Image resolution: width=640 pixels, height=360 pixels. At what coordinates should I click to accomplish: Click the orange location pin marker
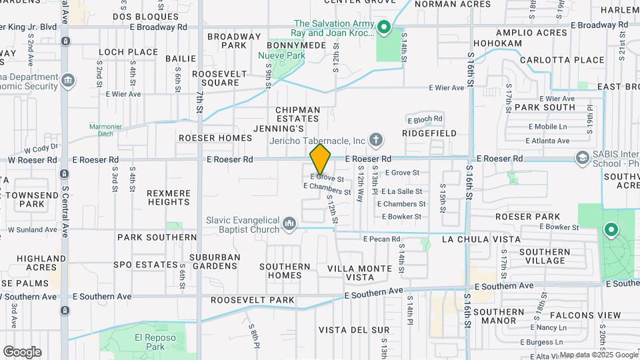click(x=320, y=159)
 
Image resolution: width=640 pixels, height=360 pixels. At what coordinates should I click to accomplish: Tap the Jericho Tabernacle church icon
click(x=376, y=140)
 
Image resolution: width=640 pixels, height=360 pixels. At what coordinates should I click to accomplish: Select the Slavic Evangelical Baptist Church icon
click(x=289, y=223)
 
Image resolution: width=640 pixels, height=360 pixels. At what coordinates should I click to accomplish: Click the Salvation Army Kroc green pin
click(x=383, y=27)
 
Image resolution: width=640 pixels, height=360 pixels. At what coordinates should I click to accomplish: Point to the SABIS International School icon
click(x=583, y=158)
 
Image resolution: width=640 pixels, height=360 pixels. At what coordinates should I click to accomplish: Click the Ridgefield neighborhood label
click(x=431, y=133)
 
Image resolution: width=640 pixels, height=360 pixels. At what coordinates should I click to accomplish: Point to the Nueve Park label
click(x=282, y=56)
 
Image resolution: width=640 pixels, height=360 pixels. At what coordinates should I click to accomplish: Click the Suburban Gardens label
click(x=214, y=261)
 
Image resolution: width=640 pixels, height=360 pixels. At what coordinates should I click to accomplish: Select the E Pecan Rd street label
click(x=381, y=239)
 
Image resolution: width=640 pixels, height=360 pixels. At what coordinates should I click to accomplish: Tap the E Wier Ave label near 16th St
click(x=446, y=88)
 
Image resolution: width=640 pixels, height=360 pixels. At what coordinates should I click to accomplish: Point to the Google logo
click(x=22, y=351)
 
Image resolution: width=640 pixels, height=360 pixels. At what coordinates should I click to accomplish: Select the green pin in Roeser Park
click(x=610, y=231)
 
